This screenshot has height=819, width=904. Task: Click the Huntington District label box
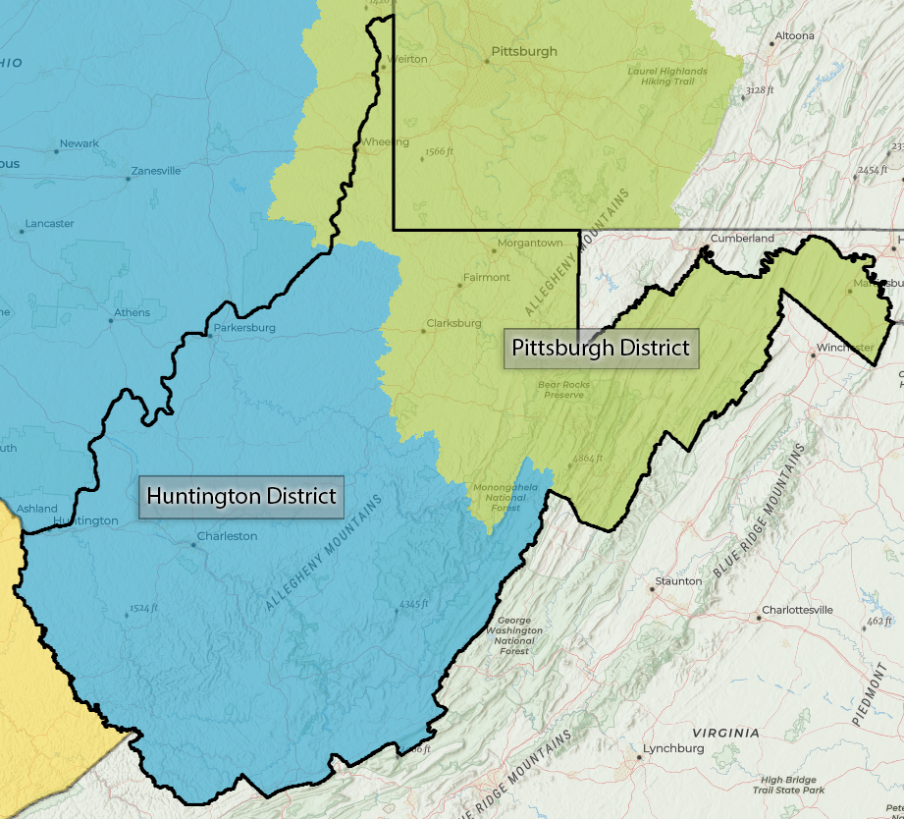(x=240, y=497)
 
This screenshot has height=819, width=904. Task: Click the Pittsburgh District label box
(x=601, y=348)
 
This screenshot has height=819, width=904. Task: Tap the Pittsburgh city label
(x=523, y=52)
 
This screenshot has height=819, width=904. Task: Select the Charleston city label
(x=227, y=536)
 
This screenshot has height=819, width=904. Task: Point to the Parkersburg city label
(x=244, y=328)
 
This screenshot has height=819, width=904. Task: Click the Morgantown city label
(x=530, y=243)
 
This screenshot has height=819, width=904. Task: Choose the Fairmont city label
(x=486, y=277)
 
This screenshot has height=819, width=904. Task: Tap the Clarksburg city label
(x=453, y=323)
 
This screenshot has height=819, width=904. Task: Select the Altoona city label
(x=794, y=36)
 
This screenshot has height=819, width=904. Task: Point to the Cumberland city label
(x=742, y=239)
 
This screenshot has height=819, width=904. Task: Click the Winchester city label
(x=845, y=349)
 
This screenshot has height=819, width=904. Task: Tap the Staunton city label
(x=678, y=581)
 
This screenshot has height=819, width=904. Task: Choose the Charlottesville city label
(x=797, y=610)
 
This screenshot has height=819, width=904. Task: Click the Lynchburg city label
(x=673, y=748)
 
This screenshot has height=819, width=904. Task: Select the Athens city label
(x=133, y=313)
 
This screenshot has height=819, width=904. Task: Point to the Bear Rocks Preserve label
(x=564, y=390)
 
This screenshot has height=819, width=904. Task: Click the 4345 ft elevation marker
(x=413, y=604)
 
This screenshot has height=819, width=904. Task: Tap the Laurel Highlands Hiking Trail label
(x=667, y=76)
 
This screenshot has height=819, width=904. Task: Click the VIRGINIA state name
(x=725, y=733)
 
